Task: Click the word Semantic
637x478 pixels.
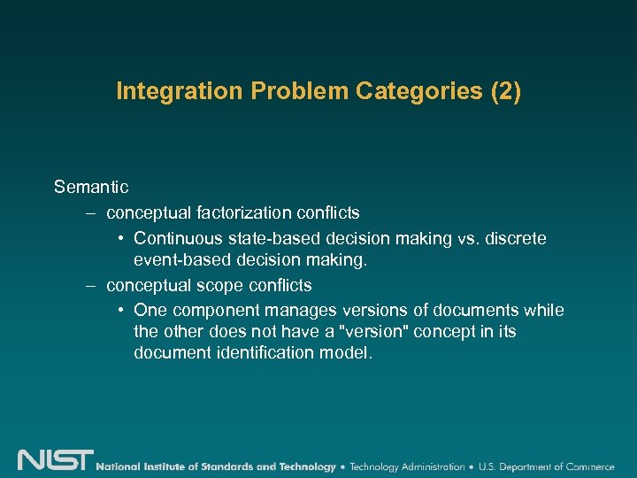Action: (x=91, y=187)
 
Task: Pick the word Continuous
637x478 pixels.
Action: (x=180, y=239)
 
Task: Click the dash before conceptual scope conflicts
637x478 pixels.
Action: (x=90, y=286)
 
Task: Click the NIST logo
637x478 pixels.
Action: (x=55, y=460)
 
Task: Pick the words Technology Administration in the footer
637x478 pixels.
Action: (x=407, y=466)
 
